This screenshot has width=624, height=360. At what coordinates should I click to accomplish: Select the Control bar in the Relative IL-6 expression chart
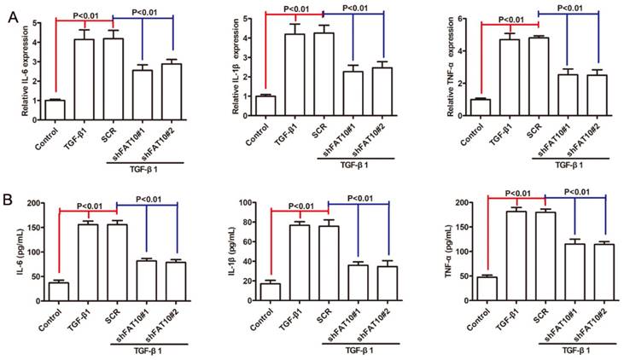tap(56, 112)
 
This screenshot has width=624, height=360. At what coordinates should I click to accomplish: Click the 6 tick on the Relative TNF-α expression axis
tap(450, 19)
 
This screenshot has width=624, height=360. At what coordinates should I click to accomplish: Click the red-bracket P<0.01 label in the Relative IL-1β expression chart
tap(297, 9)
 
